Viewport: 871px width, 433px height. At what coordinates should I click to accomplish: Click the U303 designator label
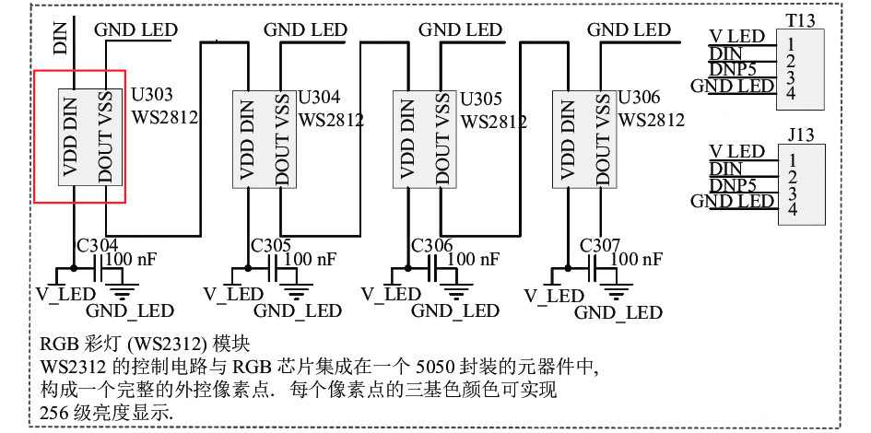click(151, 96)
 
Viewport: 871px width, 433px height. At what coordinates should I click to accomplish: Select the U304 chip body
click(264, 139)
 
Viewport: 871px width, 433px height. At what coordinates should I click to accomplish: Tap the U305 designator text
click(481, 99)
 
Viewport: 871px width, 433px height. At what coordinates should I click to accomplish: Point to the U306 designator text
click(639, 97)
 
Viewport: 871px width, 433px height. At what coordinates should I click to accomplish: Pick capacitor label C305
click(271, 245)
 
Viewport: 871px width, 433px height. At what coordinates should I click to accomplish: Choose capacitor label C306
click(431, 245)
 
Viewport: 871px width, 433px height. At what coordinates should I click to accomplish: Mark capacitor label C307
click(599, 245)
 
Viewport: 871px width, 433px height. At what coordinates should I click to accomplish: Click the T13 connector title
click(800, 20)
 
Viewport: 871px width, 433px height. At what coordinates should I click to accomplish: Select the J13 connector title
click(800, 135)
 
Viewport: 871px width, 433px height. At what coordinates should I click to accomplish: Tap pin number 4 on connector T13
click(791, 93)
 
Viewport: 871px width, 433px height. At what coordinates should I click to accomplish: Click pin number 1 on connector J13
click(792, 160)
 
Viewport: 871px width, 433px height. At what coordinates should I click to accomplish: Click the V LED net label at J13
click(737, 151)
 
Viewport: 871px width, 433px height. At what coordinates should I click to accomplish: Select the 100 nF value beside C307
click(636, 259)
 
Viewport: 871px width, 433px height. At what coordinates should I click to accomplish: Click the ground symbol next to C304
click(121, 287)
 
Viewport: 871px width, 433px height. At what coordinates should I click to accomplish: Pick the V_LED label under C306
click(390, 294)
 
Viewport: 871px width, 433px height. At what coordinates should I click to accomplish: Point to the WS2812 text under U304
click(331, 120)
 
